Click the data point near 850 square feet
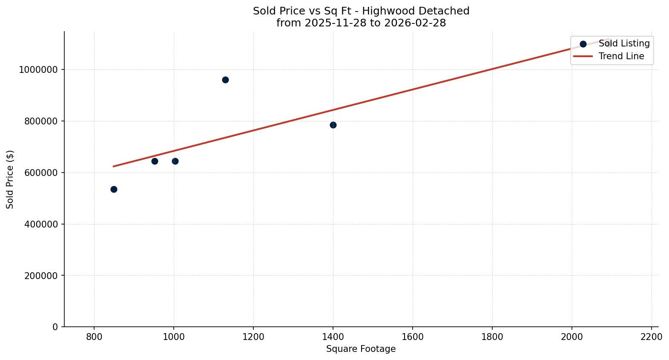pyautogui.click(x=114, y=189)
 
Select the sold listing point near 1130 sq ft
pyautogui.click(x=225, y=80)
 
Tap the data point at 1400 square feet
pyautogui.click(x=333, y=125)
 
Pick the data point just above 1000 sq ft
pyautogui.click(x=175, y=161)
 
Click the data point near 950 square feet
pyautogui.click(x=155, y=161)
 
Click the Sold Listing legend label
pyautogui.click(x=624, y=43)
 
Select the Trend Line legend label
pyautogui.click(x=621, y=56)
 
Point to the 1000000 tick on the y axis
pyautogui.click(x=38, y=70)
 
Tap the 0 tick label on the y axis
pyautogui.click(x=55, y=327)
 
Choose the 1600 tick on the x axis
pyautogui.click(x=412, y=337)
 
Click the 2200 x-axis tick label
pyautogui.click(x=651, y=337)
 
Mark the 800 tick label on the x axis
pyautogui.click(x=94, y=337)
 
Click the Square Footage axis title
pyautogui.click(x=361, y=349)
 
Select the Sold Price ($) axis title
pyautogui.click(x=10, y=179)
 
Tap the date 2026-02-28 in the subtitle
pyautogui.click(x=415, y=23)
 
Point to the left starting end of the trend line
pyautogui.click(x=113, y=166)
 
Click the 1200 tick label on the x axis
pyautogui.click(x=253, y=337)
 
